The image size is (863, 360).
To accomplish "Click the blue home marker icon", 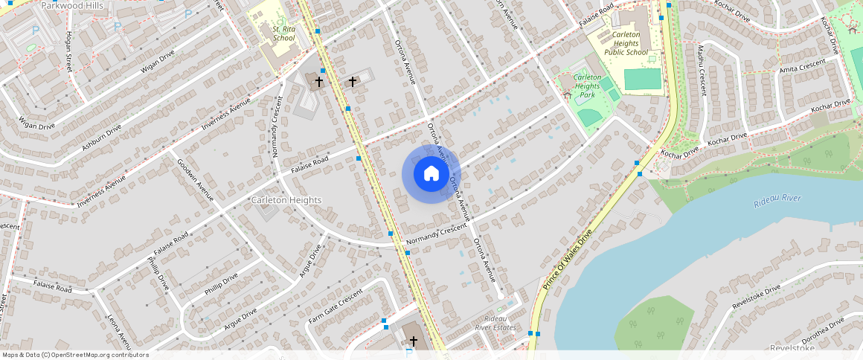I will pyautogui.click(x=431, y=174).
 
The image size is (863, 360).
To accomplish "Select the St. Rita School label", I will pyautogui.click(x=283, y=33).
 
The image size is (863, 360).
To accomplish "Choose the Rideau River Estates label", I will pyautogui.click(x=495, y=322).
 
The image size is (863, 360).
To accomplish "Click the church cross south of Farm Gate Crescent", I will pyautogui.click(x=414, y=341).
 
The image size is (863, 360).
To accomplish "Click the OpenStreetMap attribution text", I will pyautogui.click(x=75, y=355).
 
